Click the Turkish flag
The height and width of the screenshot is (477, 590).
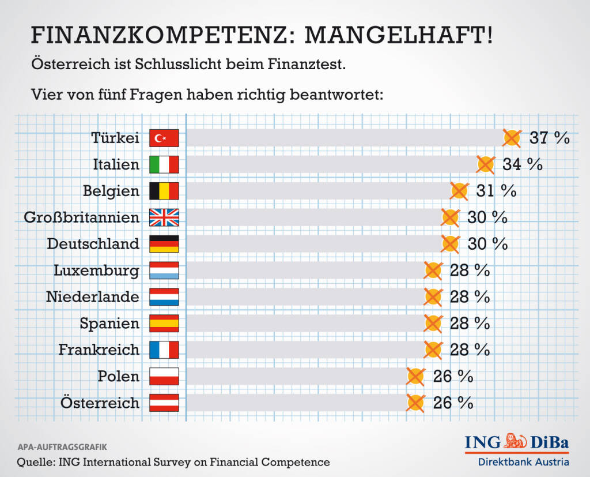coord(164,138)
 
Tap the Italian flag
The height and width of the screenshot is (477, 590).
coord(164,164)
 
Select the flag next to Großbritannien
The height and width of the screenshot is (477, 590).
coord(164,217)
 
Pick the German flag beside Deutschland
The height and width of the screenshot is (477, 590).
coord(164,244)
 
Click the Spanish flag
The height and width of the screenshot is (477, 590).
coord(164,323)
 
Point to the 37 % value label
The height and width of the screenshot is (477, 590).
coord(550,138)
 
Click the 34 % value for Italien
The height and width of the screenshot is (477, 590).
coord(523,164)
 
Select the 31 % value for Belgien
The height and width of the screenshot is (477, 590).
coord(496,191)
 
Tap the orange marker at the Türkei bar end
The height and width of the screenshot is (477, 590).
coord(512,138)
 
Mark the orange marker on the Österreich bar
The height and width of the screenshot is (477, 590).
coord(415,403)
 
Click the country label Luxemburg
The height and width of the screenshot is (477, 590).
coord(96,271)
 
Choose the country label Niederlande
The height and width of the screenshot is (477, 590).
coord(92,297)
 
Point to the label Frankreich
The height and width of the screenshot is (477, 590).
coord(99,350)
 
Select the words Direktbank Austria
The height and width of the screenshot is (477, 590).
coord(523,462)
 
